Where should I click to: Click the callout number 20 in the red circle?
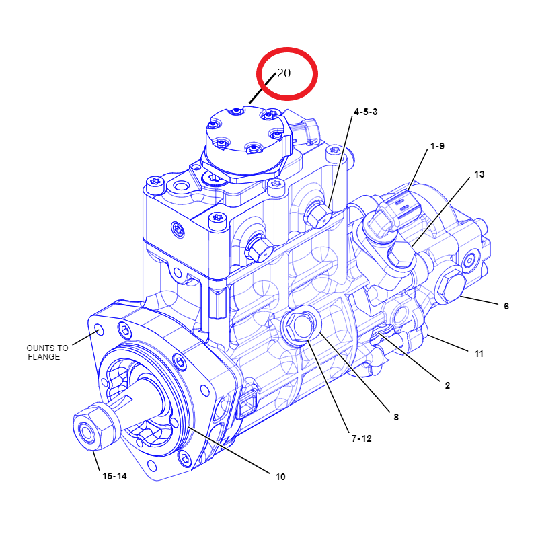[284, 73]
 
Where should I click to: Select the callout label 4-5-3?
[366, 112]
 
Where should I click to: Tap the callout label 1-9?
[438, 146]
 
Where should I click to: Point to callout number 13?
[479, 174]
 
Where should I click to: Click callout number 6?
[506, 306]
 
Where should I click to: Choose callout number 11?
[479, 354]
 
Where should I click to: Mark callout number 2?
[447, 385]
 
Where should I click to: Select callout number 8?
[396, 417]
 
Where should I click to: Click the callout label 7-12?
[362, 438]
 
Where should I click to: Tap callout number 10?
[280, 477]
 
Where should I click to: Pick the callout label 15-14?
[114, 476]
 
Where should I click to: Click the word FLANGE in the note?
[44, 357]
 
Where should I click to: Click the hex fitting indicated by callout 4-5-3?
[318, 215]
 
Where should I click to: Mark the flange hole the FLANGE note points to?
[99, 330]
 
